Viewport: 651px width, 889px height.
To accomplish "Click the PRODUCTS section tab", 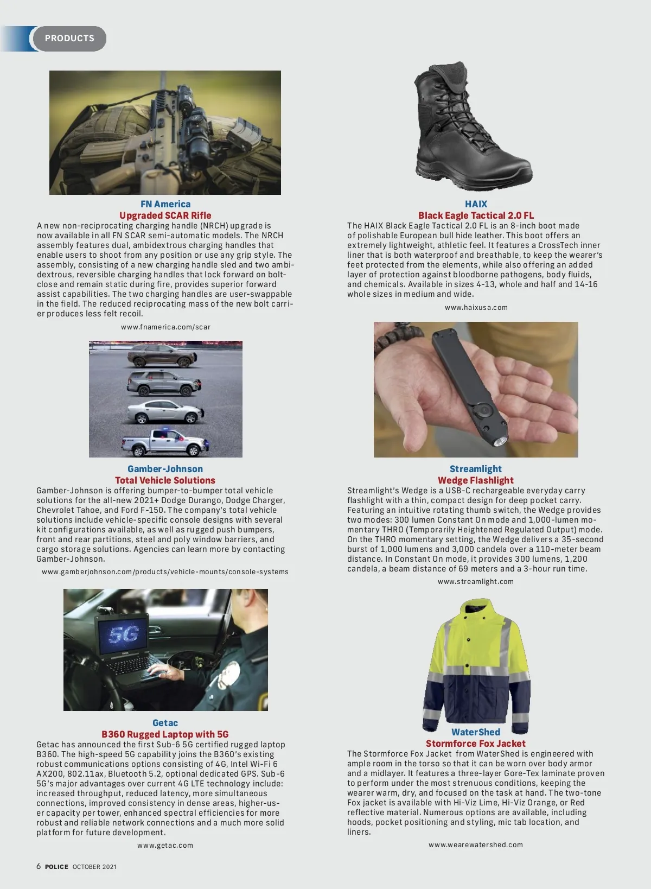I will [x=69, y=39].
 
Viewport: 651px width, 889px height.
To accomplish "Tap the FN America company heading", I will [x=165, y=204].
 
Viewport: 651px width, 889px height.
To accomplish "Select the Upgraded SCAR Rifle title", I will [x=165, y=215].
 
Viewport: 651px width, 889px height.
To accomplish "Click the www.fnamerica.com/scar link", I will [x=165, y=327].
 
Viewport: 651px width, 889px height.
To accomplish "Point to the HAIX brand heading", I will [x=476, y=204].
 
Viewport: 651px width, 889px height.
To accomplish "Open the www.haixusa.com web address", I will [x=476, y=308].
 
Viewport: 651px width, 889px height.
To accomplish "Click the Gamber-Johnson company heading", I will [x=165, y=469].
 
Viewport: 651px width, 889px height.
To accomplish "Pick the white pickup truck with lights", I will [x=164, y=442].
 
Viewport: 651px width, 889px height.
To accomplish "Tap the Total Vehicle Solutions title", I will [x=165, y=480].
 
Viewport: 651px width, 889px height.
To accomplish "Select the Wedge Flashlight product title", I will [x=476, y=480].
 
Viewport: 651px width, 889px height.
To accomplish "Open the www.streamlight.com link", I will [x=476, y=582].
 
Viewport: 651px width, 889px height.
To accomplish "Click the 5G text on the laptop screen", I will [x=124, y=634].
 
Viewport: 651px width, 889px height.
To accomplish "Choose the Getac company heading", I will [x=165, y=723].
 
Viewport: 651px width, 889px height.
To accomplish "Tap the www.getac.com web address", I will [x=165, y=846].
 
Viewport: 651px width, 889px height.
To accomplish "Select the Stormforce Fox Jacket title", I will [x=476, y=744].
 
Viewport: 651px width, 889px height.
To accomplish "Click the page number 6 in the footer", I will [x=39, y=866].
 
